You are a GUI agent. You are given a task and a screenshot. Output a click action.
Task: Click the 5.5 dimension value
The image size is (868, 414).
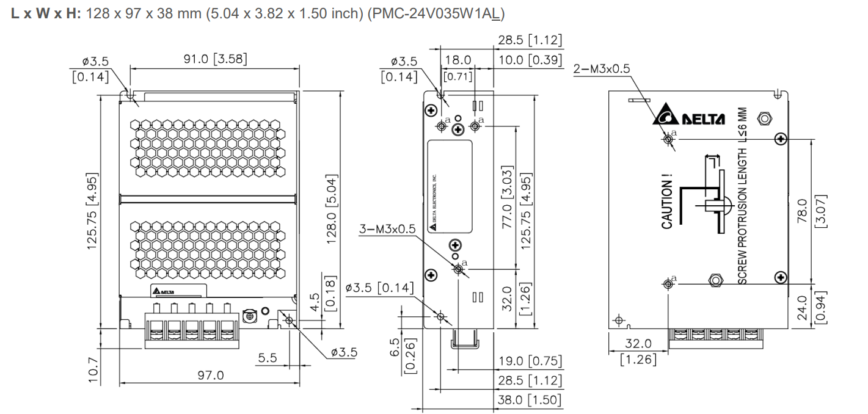(x=267, y=358)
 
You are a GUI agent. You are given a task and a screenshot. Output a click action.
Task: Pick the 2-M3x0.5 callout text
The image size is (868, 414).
(x=602, y=68)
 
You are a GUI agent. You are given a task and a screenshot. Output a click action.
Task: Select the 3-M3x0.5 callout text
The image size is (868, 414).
(x=387, y=228)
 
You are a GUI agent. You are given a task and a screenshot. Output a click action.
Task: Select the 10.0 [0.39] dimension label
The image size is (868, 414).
(x=530, y=60)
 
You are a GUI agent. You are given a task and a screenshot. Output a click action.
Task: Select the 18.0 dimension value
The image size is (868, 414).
(x=458, y=60)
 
